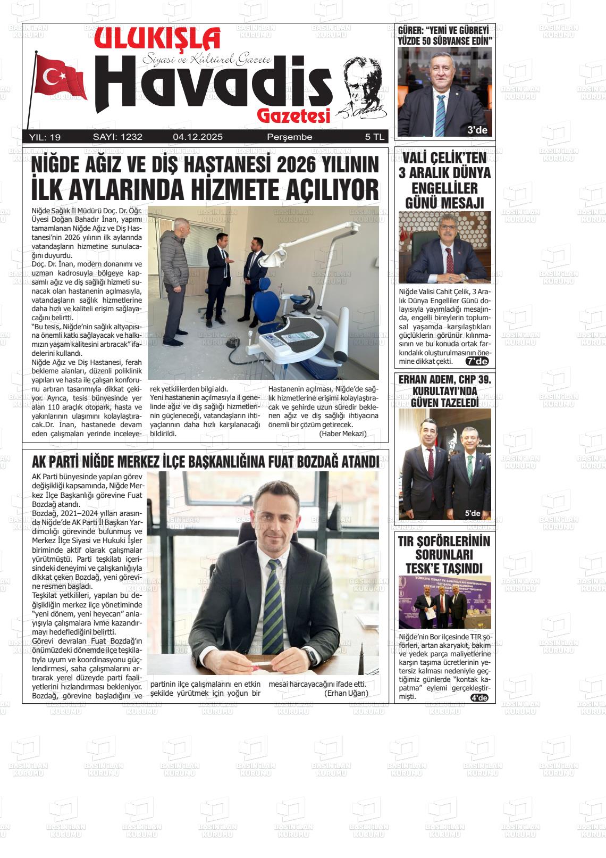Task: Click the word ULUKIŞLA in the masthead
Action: pyautogui.click(x=157, y=39)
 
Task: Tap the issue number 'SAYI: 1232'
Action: pyautogui.click(x=117, y=137)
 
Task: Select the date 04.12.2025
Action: pyautogui.click(x=197, y=137)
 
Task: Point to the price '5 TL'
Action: pyautogui.click(x=374, y=137)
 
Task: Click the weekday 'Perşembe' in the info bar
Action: pyautogui.click(x=289, y=137)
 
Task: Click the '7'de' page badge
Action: pyautogui.click(x=476, y=362)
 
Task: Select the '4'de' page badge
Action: pyautogui.click(x=479, y=698)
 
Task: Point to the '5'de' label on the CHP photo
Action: pyautogui.click(x=472, y=513)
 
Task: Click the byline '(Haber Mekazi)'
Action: pyautogui.click(x=343, y=434)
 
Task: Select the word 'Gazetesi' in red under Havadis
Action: pyautogui.click(x=293, y=115)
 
